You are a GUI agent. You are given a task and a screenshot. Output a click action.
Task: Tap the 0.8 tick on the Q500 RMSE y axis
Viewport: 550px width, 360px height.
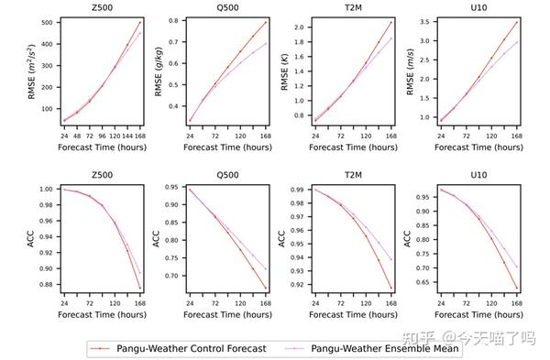pos(181,21)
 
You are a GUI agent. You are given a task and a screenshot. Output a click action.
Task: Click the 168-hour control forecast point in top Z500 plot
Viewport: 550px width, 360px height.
pos(140,22)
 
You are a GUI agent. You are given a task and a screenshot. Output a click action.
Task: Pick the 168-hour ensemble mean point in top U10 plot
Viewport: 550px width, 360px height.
pos(516,41)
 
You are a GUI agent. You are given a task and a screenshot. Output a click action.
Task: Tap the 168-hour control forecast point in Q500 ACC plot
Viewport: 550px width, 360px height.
pos(267,289)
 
